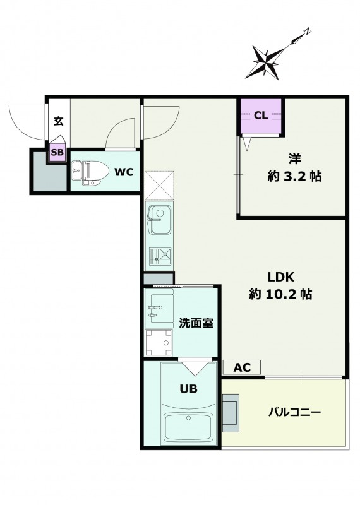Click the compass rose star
click(x=265, y=62)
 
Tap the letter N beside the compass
click(x=308, y=31)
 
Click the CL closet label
click(x=261, y=116)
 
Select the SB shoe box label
click(x=57, y=152)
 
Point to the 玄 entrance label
click(x=58, y=121)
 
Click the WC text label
click(x=124, y=172)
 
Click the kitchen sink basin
click(x=160, y=220)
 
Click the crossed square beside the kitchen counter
click(x=159, y=185)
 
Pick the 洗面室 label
click(x=196, y=323)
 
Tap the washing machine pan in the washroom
click(x=159, y=342)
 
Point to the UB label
click(x=189, y=389)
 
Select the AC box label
click(x=242, y=367)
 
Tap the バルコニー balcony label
click(x=294, y=412)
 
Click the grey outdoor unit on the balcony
click(x=231, y=413)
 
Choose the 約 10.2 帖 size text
click(x=280, y=294)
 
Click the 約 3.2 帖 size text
click(x=294, y=177)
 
